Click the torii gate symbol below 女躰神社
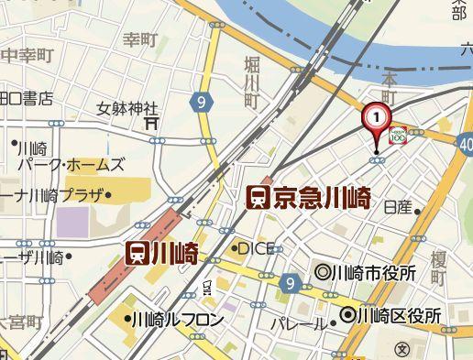[152, 121]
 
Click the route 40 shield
[466, 143]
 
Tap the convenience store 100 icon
[399, 136]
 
